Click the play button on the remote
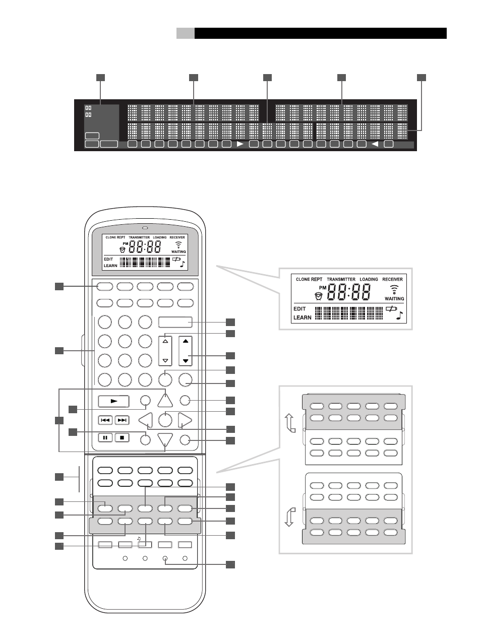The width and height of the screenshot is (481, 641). [x=113, y=402]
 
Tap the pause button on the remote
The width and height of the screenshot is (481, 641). [x=105, y=437]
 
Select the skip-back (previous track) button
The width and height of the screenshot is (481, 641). [x=105, y=420]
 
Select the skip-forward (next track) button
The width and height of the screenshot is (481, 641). [x=122, y=420]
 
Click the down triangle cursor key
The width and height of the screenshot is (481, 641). [x=165, y=439]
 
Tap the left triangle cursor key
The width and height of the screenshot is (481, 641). [x=146, y=420]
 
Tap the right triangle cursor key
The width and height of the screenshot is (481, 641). [x=185, y=420]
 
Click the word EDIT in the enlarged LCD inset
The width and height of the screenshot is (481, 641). [x=299, y=309]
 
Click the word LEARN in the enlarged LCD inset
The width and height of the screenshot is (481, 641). [x=302, y=317]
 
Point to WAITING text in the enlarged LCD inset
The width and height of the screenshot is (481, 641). [x=394, y=299]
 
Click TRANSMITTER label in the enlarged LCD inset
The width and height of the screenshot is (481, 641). [x=341, y=279]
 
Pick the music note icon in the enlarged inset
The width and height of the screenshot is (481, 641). [x=399, y=316]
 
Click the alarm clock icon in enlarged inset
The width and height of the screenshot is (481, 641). [x=318, y=295]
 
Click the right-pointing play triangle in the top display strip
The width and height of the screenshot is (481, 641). [x=240, y=144]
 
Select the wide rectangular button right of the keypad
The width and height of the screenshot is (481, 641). [x=175, y=322]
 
